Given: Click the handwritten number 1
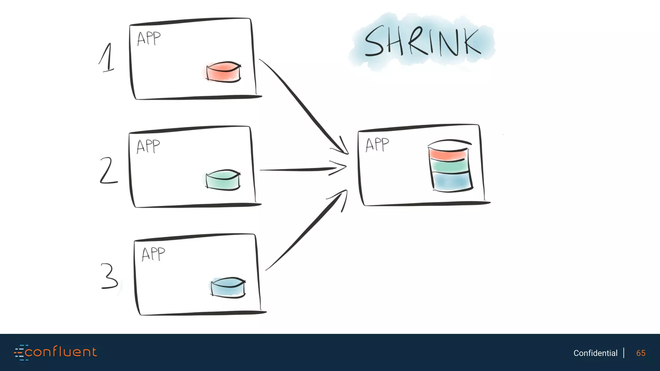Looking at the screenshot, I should point(107,58).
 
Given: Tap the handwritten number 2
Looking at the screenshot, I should point(108,171).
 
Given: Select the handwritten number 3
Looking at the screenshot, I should point(109,276).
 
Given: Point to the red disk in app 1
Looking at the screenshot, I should point(223,71).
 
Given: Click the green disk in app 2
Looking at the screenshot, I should point(223,180).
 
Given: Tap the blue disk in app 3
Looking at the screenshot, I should point(228,287).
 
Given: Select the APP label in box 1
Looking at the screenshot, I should point(149,39).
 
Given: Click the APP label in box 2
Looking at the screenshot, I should point(148,146).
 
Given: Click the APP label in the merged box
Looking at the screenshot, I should point(377,145).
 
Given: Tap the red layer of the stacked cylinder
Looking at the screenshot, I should point(448,154).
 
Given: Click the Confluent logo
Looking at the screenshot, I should point(55,352).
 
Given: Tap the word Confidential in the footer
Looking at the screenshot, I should point(595,353).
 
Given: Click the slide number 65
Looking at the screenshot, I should point(641,353).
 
